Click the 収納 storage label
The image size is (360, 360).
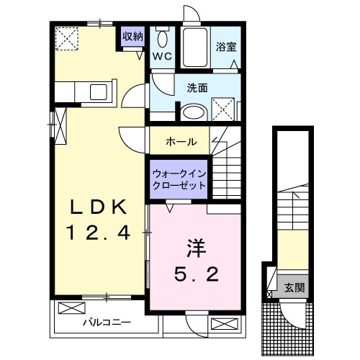[132, 36]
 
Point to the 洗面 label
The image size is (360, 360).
[197, 89]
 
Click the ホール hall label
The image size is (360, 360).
[180, 141]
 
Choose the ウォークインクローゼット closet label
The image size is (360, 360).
[179, 179]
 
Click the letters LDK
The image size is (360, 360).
[98, 207]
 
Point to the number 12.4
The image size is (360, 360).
[98, 232]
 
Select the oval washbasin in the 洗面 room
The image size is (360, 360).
[192, 112]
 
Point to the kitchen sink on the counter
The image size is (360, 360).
[96, 91]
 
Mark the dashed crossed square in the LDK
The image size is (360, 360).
[68, 37]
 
